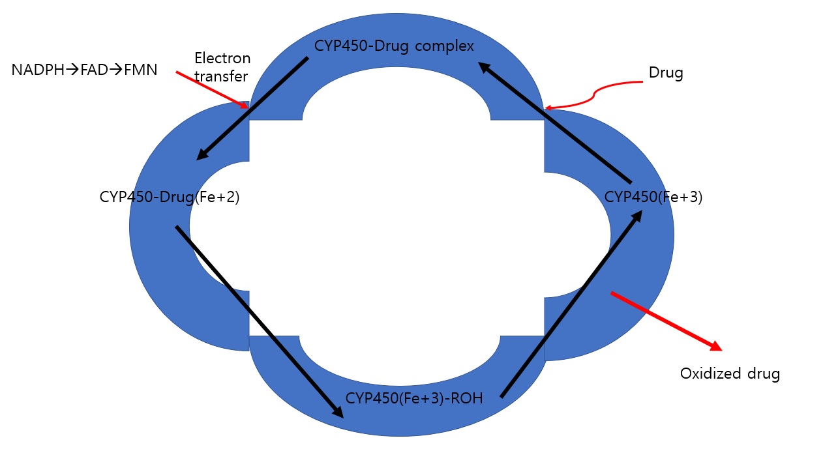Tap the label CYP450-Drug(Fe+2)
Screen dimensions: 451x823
pyautogui.click(x=170, y=197)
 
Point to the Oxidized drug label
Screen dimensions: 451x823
pyautogui.click(x=730, y=374)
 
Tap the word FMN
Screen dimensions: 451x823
pyautogui.click(x=140, y=70)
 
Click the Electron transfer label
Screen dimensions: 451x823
pyautogui.click(x=222, y=68)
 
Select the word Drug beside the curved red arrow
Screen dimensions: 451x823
pyautogui.click(x=666, y=73)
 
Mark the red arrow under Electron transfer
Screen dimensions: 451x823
pyautogui.click(x=213, y=90)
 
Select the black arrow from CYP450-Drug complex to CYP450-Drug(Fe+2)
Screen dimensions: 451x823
pyautogui.click(x=252, y=108)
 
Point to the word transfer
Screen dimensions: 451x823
pyautogui.click(x=221, y=77)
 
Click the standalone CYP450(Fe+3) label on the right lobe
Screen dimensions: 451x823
pyautogui.click(x=653, y=197)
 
